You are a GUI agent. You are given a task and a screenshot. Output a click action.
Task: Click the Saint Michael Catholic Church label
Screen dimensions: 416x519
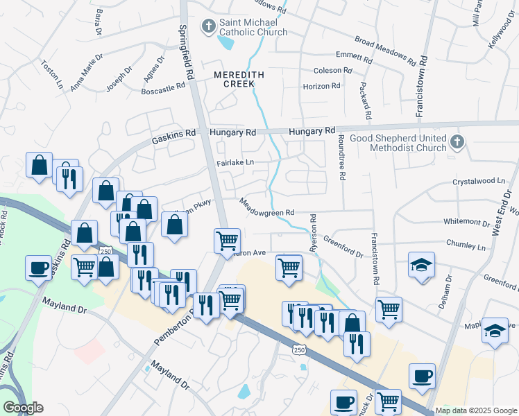point(253,26)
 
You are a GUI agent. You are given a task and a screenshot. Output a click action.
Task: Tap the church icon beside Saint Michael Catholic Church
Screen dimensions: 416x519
point(208,26)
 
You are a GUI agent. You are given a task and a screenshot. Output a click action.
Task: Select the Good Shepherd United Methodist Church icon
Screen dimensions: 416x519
point(457,142)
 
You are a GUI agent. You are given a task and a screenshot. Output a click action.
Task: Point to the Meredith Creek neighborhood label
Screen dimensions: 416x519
point(233,78)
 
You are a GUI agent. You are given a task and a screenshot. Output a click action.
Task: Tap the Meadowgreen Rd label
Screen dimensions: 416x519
point(267,207)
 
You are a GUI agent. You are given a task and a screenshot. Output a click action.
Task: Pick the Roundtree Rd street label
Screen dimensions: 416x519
point(341,157)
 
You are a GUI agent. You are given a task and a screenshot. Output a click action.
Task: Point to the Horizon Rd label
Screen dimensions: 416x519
point(321,86)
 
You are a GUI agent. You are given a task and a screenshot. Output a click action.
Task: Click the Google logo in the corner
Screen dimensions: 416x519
point(24,408)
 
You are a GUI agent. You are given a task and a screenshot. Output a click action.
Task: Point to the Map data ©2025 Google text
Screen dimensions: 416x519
point(476,410)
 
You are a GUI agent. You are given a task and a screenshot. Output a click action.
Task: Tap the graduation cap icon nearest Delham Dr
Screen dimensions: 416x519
point(421,266)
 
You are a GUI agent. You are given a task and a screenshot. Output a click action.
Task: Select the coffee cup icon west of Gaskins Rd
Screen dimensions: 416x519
point(38,267)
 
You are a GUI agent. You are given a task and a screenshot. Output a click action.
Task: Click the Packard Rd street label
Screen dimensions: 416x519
point(366,100)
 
